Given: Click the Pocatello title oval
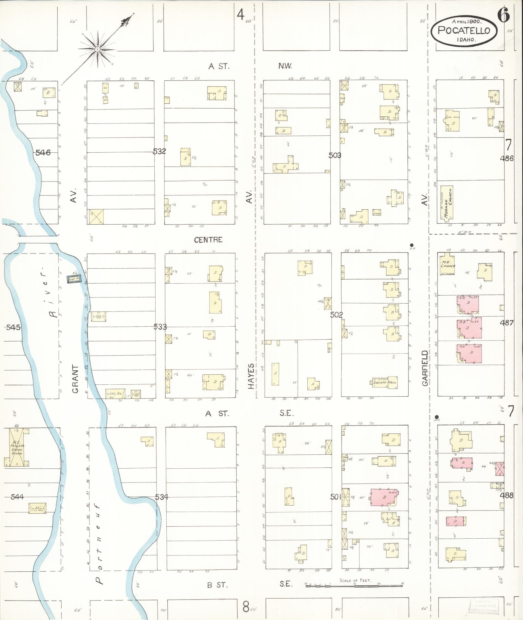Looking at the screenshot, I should (x=464, y=30).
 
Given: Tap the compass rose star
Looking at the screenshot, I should (x=97, y=49).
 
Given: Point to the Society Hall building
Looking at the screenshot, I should (x=385, y=382).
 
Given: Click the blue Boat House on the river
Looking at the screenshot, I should (x=73, y=279).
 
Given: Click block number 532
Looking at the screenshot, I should (x=159, y=151).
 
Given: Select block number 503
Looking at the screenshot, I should (x=335, y=155).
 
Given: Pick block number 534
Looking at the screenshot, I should (x=161, y=497).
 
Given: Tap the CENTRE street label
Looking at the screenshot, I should (x=208, y=240).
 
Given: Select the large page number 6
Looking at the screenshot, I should (x=503, y=15).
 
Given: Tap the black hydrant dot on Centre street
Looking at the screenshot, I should (x=411, y=245).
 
